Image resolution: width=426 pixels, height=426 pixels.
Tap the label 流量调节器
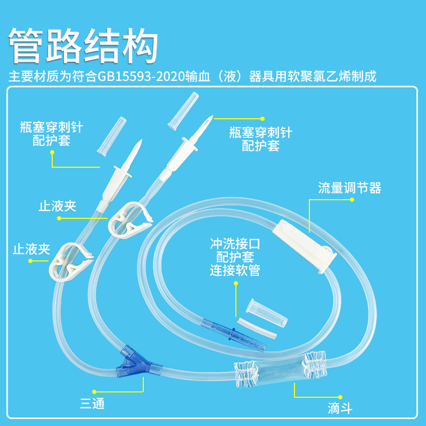349,188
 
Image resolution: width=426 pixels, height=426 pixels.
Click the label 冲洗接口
235,244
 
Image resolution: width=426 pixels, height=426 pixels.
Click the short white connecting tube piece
257,327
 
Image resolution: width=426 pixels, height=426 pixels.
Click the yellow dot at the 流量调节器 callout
351,200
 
